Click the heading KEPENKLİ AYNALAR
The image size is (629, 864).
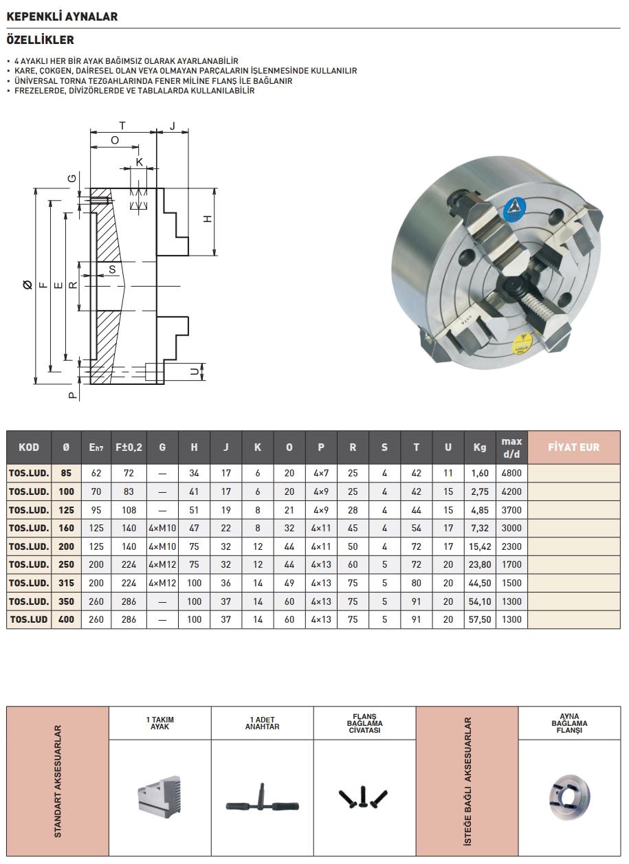(62, 16)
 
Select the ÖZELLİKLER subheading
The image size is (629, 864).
(40, 40)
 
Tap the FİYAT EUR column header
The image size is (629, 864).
(573, 447)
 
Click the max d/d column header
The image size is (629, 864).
(511, 447)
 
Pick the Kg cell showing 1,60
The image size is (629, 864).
(480, 473)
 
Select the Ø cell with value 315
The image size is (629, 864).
(66, 583)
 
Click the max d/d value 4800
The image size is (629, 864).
(511, 473)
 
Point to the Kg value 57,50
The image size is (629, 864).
(480, 619)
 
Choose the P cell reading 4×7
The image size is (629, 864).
(321, 473)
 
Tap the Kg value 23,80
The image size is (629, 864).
(480, 564)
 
